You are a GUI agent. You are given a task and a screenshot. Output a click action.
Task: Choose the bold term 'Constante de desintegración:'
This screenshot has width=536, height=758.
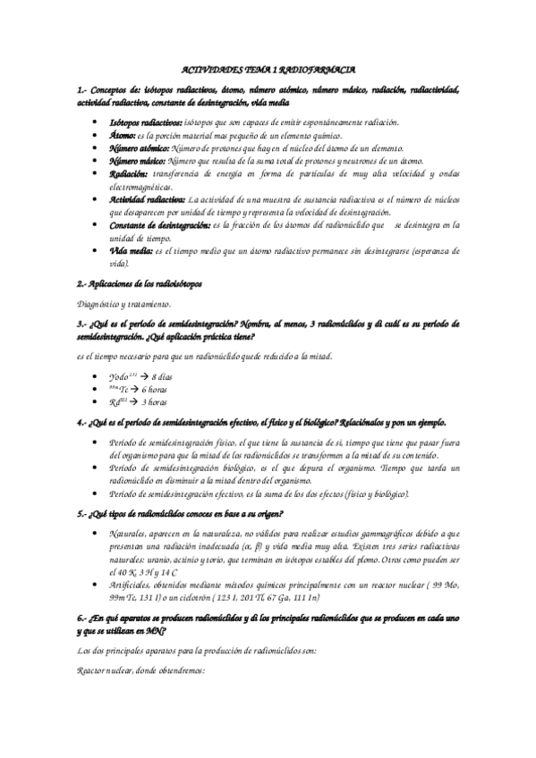tap(159, 226)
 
